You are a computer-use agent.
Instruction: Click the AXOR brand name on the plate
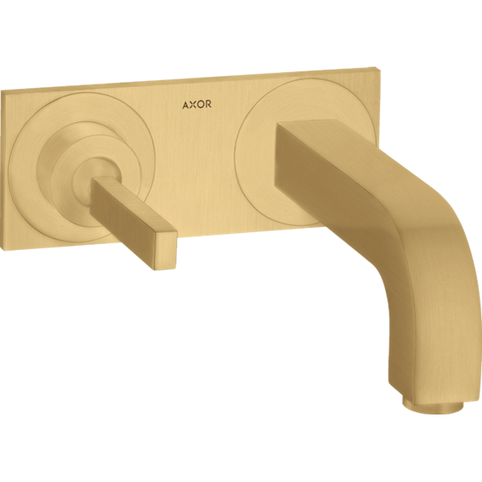(x=197, y=104)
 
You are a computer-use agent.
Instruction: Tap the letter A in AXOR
(x=186, y=105)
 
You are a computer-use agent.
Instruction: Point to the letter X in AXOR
(x=193, y=104)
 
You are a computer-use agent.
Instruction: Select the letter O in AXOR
(x=200, y=104)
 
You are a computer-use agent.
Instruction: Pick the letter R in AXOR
(x=208, y=104)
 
